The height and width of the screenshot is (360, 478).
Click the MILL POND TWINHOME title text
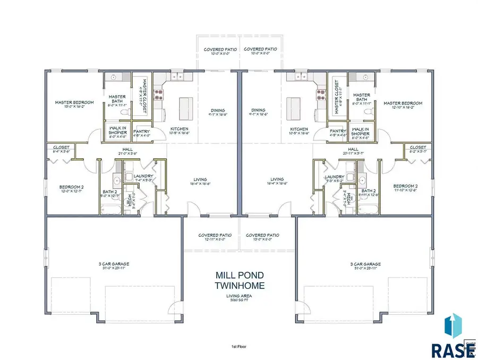click(x=238, y=281)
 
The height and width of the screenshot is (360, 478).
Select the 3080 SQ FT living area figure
click(x=238, y=300)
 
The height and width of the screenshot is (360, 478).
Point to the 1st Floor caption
click(x=238, y=346)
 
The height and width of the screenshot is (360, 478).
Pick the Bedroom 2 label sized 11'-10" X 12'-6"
click(x=406, y=188)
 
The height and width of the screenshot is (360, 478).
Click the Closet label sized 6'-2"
click(x=418, y=149)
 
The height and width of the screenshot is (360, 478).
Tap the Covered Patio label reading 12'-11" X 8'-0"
click(x=213, y=237)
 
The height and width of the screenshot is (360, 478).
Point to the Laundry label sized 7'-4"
click(x=143, y=178)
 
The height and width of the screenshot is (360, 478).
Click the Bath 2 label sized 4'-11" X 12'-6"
click(x=368, y=192)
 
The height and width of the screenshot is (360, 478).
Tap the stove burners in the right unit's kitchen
click(x=320, y=94)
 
